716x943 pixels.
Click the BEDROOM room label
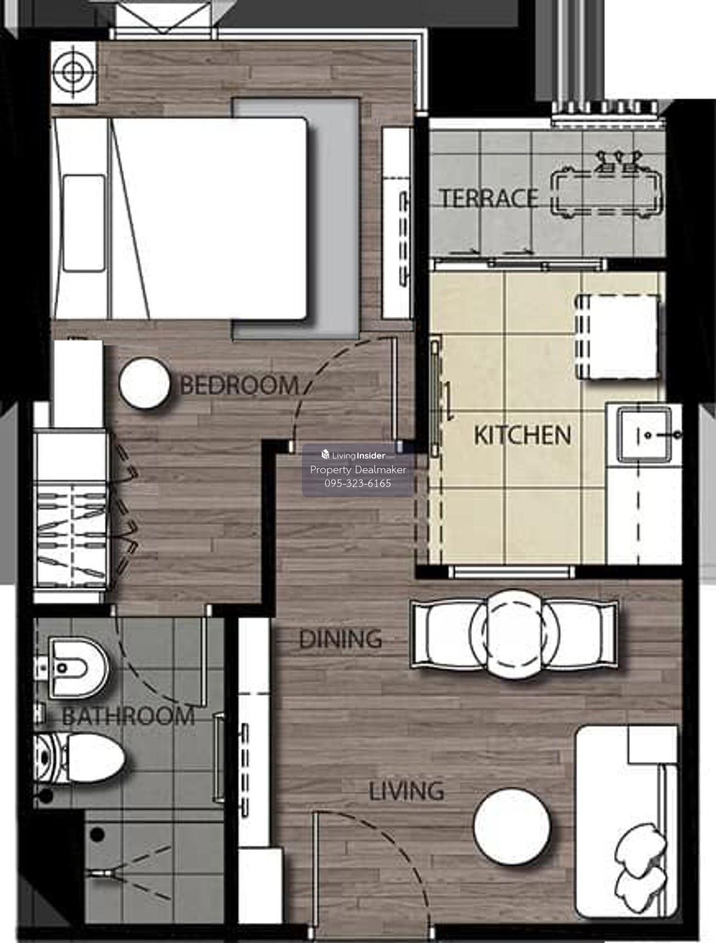tap(239, 385)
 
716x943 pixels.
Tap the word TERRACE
tap(488, 199)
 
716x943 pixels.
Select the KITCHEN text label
tap(522, 435)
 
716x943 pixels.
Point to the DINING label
tap(341, 639)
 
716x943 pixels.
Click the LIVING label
tap(406, 791)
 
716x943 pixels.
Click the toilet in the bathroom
tap(79, 757)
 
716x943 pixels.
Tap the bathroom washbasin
tap(73, 668)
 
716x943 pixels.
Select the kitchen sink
tap(644, 434)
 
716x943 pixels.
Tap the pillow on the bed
tap(84, 223)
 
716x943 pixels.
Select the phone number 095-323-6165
tap(358, 483)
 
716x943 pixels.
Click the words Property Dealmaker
tap(358, 470)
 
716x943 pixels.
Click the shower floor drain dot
tap(97, 835)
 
